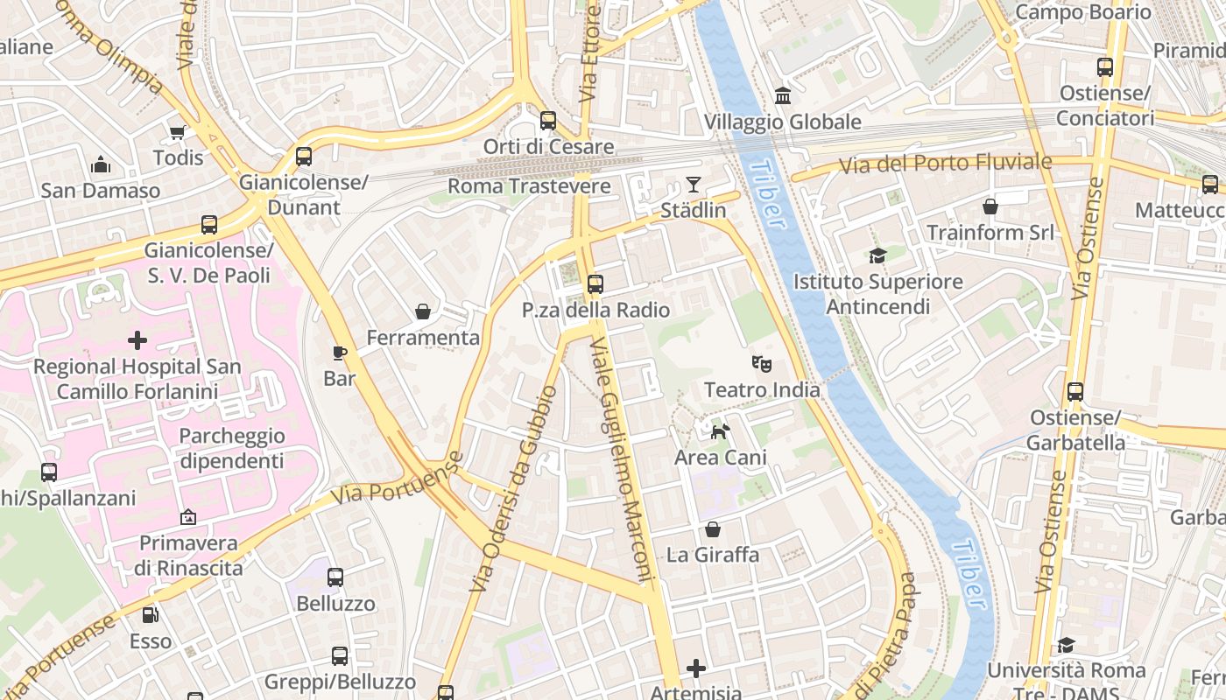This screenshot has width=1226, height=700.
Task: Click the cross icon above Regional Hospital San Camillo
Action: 137,340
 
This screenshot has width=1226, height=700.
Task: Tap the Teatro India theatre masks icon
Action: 762,363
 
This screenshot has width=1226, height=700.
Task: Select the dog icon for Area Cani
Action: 720,430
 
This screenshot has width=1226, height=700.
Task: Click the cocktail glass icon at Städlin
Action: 694,184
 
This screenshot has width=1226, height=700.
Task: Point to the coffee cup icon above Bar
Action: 340,353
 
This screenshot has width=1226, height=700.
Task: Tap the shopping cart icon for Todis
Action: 178,132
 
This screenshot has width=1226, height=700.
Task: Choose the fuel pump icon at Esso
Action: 151,615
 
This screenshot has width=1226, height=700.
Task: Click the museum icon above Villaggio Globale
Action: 783,95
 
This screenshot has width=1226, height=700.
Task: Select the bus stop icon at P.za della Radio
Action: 595,283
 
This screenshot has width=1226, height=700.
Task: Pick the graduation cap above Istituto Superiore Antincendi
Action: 877,255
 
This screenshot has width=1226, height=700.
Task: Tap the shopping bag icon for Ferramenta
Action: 423,311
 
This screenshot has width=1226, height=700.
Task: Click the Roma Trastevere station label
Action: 529,186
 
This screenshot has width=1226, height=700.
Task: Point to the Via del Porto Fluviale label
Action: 945,164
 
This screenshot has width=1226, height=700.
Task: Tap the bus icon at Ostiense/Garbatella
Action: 1075,392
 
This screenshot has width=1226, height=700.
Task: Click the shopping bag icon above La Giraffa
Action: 713,529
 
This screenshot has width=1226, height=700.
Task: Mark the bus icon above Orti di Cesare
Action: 548,121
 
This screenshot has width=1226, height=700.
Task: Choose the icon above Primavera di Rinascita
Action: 187,517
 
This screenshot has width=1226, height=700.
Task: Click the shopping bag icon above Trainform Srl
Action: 990,206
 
